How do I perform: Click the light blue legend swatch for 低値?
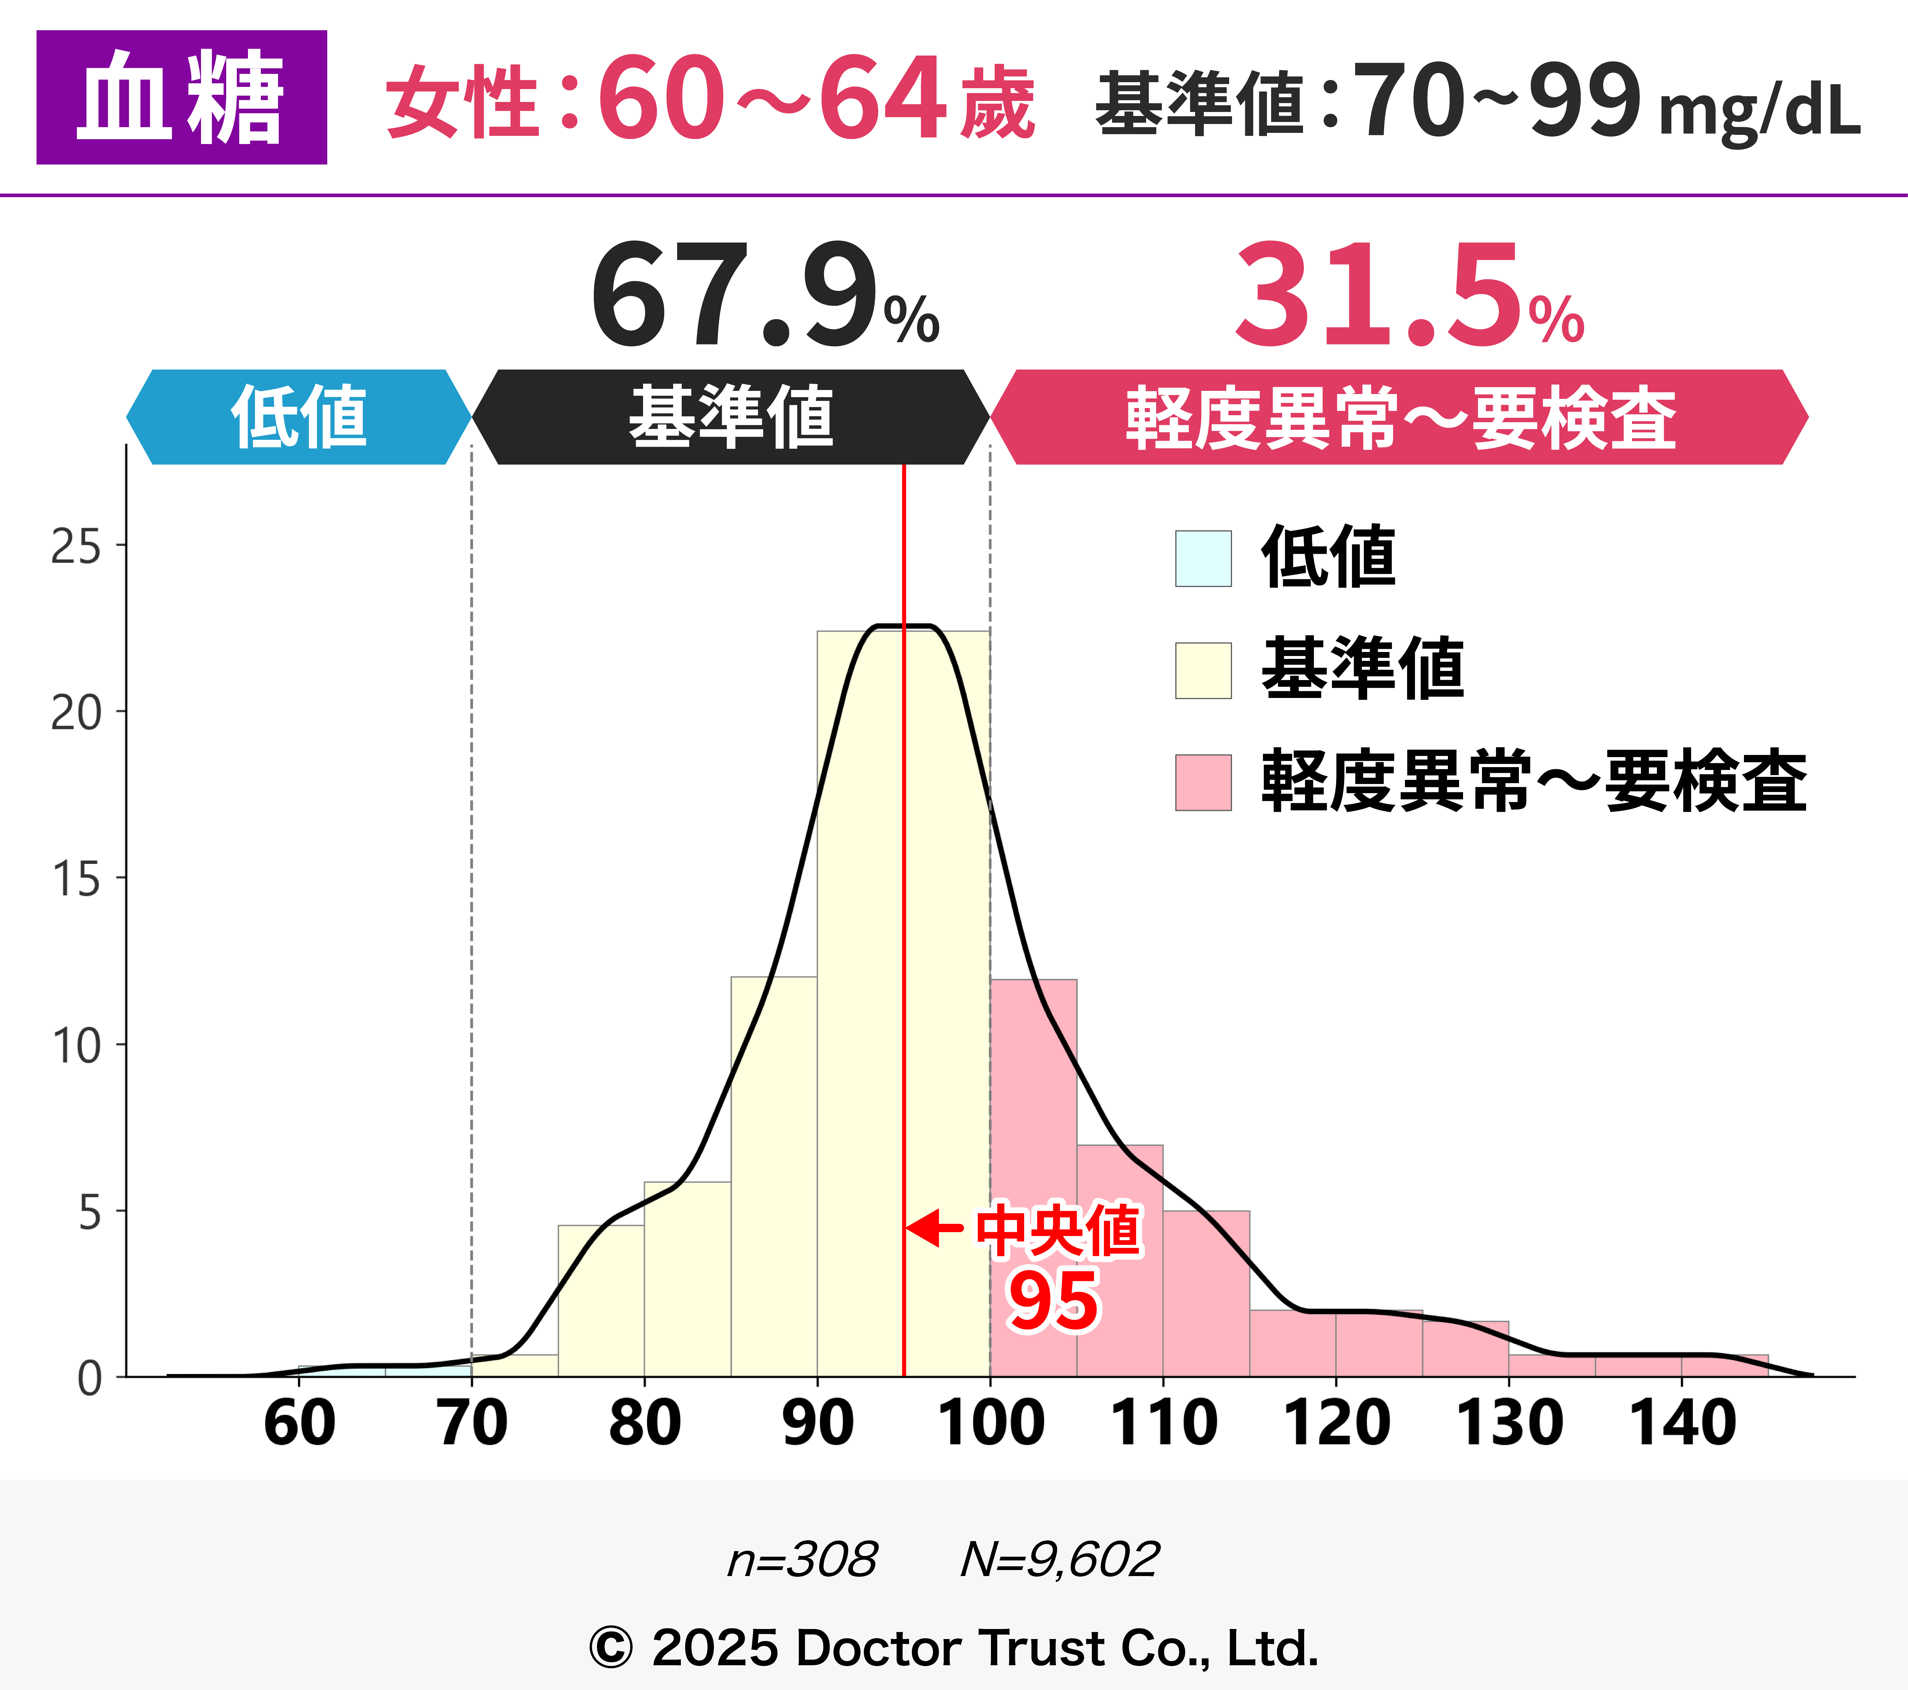(x=1203, y=558)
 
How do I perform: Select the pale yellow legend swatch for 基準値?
(x=1203, y=670)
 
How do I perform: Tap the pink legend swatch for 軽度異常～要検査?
(x=1203, y=783)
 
